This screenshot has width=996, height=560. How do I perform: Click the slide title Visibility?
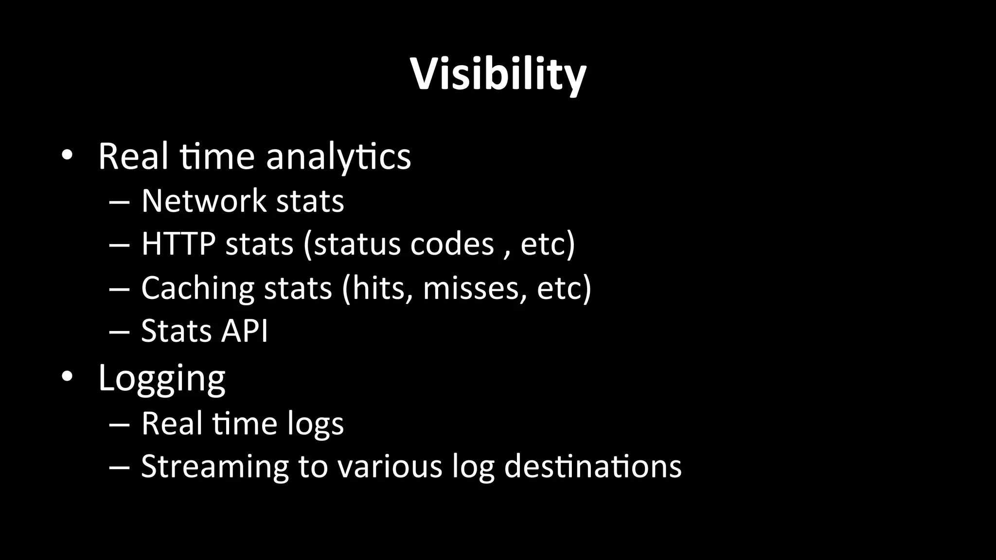498,74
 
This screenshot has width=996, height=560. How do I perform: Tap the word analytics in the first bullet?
338,157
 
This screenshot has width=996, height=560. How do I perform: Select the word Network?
204,200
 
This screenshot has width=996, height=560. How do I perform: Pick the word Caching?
197,288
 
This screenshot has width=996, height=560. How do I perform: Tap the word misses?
475,288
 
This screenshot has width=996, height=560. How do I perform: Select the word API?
245,331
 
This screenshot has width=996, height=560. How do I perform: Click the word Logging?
161,378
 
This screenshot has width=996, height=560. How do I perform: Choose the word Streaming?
214,467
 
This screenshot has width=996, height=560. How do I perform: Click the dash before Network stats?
120,201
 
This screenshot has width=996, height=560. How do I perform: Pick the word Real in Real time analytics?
133,157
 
